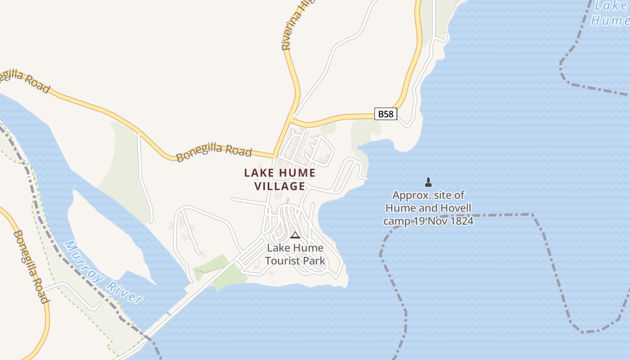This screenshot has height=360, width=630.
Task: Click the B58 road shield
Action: click(386, 114)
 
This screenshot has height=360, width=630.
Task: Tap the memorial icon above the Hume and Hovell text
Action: click(428, 182)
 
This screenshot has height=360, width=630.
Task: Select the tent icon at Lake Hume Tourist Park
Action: click(295, 235)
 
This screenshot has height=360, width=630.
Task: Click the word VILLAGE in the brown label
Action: click(280, 186)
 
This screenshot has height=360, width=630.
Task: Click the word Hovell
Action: click(455, 208)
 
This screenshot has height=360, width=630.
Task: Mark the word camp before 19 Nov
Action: click(396, 221)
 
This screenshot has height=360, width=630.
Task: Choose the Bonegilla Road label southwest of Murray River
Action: click(30, 266)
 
